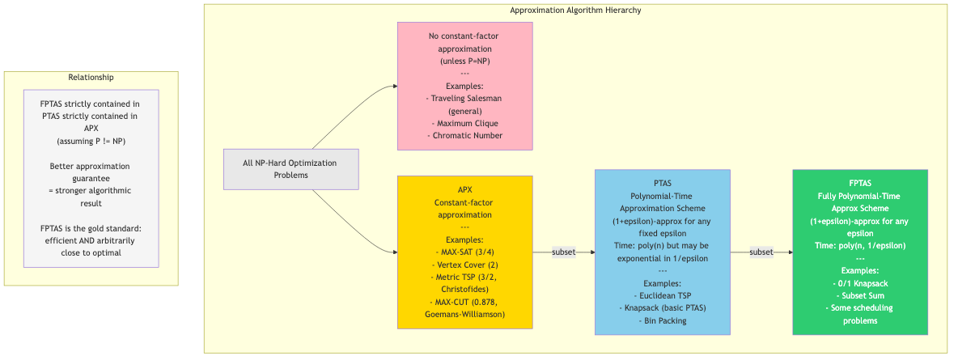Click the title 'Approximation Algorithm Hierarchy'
575,11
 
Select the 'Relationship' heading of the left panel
91,78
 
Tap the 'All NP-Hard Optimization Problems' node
290,169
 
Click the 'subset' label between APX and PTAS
564,252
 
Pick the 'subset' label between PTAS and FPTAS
761,252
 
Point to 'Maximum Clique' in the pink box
464,124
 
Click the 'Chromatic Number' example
464,136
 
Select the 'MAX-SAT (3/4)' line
464,252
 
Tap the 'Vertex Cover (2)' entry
464,265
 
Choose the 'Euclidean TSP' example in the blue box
662,296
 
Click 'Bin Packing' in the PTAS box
662,320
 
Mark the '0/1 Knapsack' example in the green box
859,284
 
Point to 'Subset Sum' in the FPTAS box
859,296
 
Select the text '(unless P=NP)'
464,61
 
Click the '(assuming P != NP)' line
91,142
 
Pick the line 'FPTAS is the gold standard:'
91,228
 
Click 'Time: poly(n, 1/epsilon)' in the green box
859,246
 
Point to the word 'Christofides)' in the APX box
464,289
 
